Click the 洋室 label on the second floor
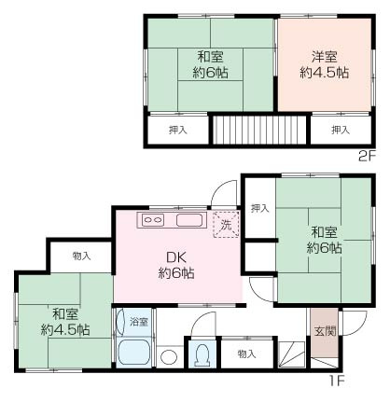click(x=324, y=57)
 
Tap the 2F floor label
click(x=368, y=156)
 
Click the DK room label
click(x=176, y=257)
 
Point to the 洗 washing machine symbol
click(x=226, y=225)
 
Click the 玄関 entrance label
click(x=325, y=331)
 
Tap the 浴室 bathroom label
click(x=139, y=322)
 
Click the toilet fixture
click(x=202, y=354)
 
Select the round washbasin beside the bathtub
click(x=168, y=357)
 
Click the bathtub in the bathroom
click(x=134, y=353)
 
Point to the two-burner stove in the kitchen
click(x=153, y=220)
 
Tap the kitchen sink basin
click(x=189, y=220)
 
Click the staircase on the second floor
click(x=260, y=130)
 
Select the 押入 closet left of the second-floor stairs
click(x=178, y=130)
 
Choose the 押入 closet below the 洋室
click(x=341, y=130)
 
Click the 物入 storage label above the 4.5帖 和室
click(x=81, y=256)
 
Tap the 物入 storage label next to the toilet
click(x=246, y=353)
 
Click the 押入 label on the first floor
click(x=260, y=208)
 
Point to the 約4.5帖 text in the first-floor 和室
click(x=65, y=329)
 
